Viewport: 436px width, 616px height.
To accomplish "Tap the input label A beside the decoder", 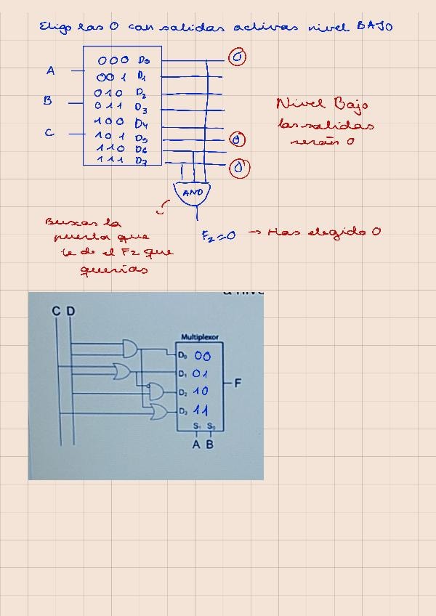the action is [x=50, y=70].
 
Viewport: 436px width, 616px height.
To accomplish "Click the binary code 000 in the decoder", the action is [x=113, y=60].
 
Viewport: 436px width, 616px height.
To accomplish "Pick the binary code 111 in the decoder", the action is [x=110, y=160].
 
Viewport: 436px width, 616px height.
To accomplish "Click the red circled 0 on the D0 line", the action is [x=237, y=58].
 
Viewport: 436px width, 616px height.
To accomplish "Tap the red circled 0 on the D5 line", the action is [x=238, y=139].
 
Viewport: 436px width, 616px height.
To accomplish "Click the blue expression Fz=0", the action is [x=218, y=235].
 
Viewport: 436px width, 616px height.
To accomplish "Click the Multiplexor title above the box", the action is [x=200, y=337].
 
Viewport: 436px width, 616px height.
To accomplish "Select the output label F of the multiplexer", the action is [x=238, y=383].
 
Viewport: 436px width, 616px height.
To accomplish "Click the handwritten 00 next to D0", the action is [x=202, y=356].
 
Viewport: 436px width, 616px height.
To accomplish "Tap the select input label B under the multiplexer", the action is [x=210, y=445].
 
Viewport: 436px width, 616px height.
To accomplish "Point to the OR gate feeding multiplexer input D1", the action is [x=122, y=372].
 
